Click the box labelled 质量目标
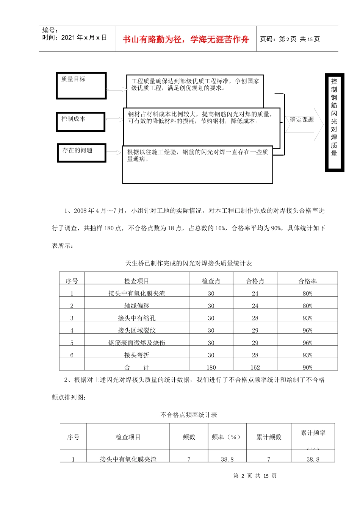[81, 86]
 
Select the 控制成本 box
[80, 122]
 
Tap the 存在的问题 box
[81, 153]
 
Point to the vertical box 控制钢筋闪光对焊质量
[334, 122]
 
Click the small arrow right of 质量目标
[117, 89]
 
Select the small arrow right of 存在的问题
[114, 153]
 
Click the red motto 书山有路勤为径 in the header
[186, 39]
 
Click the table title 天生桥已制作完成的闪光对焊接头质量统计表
[188, 263]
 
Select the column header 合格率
[307, 281]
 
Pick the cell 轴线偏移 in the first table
[136, 306]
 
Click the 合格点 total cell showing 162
[255, 367]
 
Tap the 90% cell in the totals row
[307, 367]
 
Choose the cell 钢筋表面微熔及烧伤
[136, 343]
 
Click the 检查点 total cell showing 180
[211, 367]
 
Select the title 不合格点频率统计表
[189, 415]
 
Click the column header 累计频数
[269, 437]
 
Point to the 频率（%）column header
[227, 437]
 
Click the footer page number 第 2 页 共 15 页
[255, 476]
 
